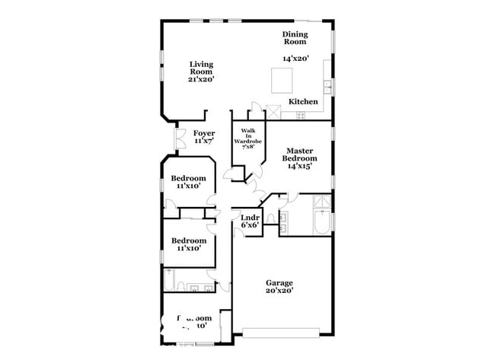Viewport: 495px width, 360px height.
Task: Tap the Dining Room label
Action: (x=295, y=38)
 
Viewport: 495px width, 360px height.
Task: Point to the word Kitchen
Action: (x=303, y=102)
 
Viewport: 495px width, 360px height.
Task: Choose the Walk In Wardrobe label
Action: (x=247, y=139)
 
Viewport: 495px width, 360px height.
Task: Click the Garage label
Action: (x=279, y=283)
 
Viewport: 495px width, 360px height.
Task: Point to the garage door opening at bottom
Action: (x=281, y=332)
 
